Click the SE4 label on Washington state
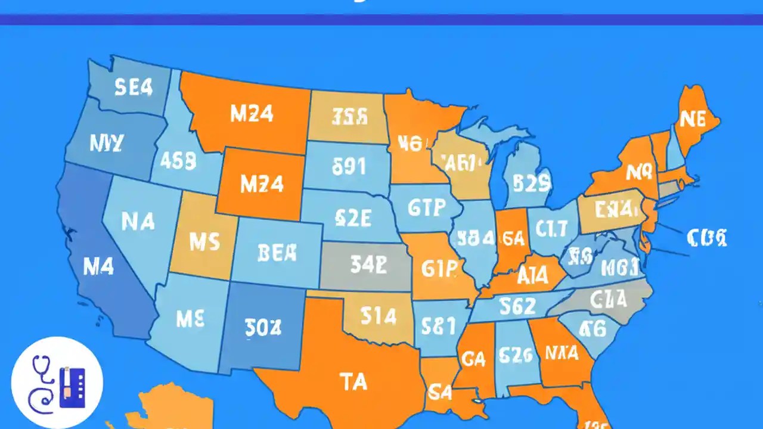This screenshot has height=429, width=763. (134, 88)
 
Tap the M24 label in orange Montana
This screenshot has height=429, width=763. (252, 114)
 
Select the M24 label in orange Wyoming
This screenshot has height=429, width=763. (262, 184)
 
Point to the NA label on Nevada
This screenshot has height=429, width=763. (138, 222)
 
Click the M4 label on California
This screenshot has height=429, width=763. (98, 267)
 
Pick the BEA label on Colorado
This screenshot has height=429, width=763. (277, 253)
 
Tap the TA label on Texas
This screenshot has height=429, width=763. (353, 381)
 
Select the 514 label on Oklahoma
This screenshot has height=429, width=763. (379, 316)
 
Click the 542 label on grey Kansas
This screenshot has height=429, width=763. (368, 265)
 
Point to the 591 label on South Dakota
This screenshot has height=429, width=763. (348, 167)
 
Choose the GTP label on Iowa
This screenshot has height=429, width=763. (426, 207)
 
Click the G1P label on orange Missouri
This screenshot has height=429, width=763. (439, 269)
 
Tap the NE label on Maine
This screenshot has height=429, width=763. (692, 119)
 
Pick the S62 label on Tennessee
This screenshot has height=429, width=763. (517, 306)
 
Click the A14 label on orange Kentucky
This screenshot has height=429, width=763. (533, 276)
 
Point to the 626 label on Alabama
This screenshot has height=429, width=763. (514, 355)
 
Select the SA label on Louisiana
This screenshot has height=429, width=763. (441, 392)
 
